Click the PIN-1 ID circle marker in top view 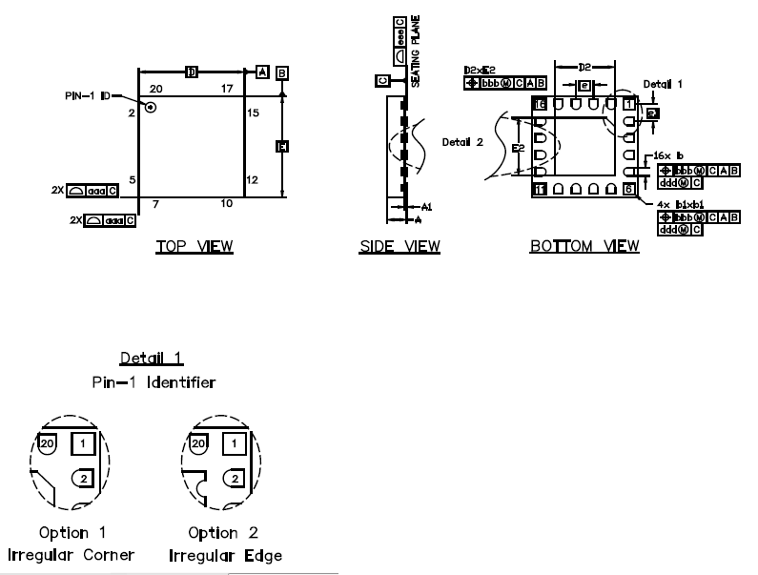click(151, 108)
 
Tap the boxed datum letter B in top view click(283, 72)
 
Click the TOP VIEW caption click(195, 247)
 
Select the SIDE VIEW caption click(399, 247)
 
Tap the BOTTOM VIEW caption click(584, 247)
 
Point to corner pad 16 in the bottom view click(539, 103)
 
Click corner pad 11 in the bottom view click(539, 190)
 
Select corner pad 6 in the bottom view click(627, 190)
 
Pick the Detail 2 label click(461, 141)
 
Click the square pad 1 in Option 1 click(83, 443)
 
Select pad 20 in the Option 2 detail click(197, 443)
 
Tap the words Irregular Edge click(225, 555)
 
